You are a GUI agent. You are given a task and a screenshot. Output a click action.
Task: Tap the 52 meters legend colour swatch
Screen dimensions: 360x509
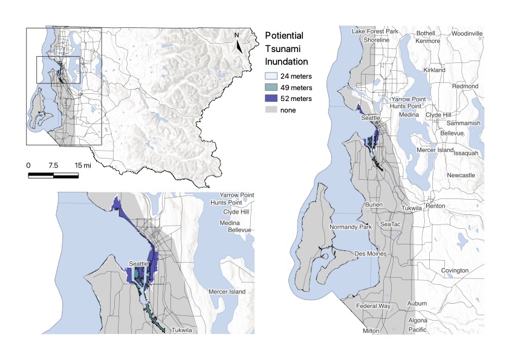coord(271,99)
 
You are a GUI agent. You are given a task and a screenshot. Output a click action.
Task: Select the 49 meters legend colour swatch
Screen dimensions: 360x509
coord(271,88)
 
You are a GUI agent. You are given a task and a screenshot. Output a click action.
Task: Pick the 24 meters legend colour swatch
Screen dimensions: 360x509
coord(271,77)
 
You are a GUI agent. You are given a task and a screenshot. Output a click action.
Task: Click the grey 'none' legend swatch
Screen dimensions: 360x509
coord(271,110)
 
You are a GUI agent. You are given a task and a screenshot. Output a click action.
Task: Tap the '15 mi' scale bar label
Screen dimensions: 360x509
coord(83,165)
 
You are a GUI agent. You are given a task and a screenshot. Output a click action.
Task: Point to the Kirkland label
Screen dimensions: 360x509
coord(434,70)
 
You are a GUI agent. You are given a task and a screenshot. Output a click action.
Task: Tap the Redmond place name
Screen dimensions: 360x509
coord(465,87)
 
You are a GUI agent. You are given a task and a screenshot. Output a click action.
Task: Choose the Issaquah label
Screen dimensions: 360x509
coord(465,153)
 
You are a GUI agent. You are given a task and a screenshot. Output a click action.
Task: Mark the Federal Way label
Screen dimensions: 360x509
coord(373,306)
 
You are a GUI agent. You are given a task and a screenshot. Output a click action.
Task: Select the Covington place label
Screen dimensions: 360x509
coord(455,270)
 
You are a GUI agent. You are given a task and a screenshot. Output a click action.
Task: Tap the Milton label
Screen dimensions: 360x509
coord(371,331)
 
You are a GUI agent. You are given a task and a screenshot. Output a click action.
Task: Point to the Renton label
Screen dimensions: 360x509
coord(435,206)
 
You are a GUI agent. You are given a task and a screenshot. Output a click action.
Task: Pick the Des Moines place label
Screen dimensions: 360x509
coord(370,254)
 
